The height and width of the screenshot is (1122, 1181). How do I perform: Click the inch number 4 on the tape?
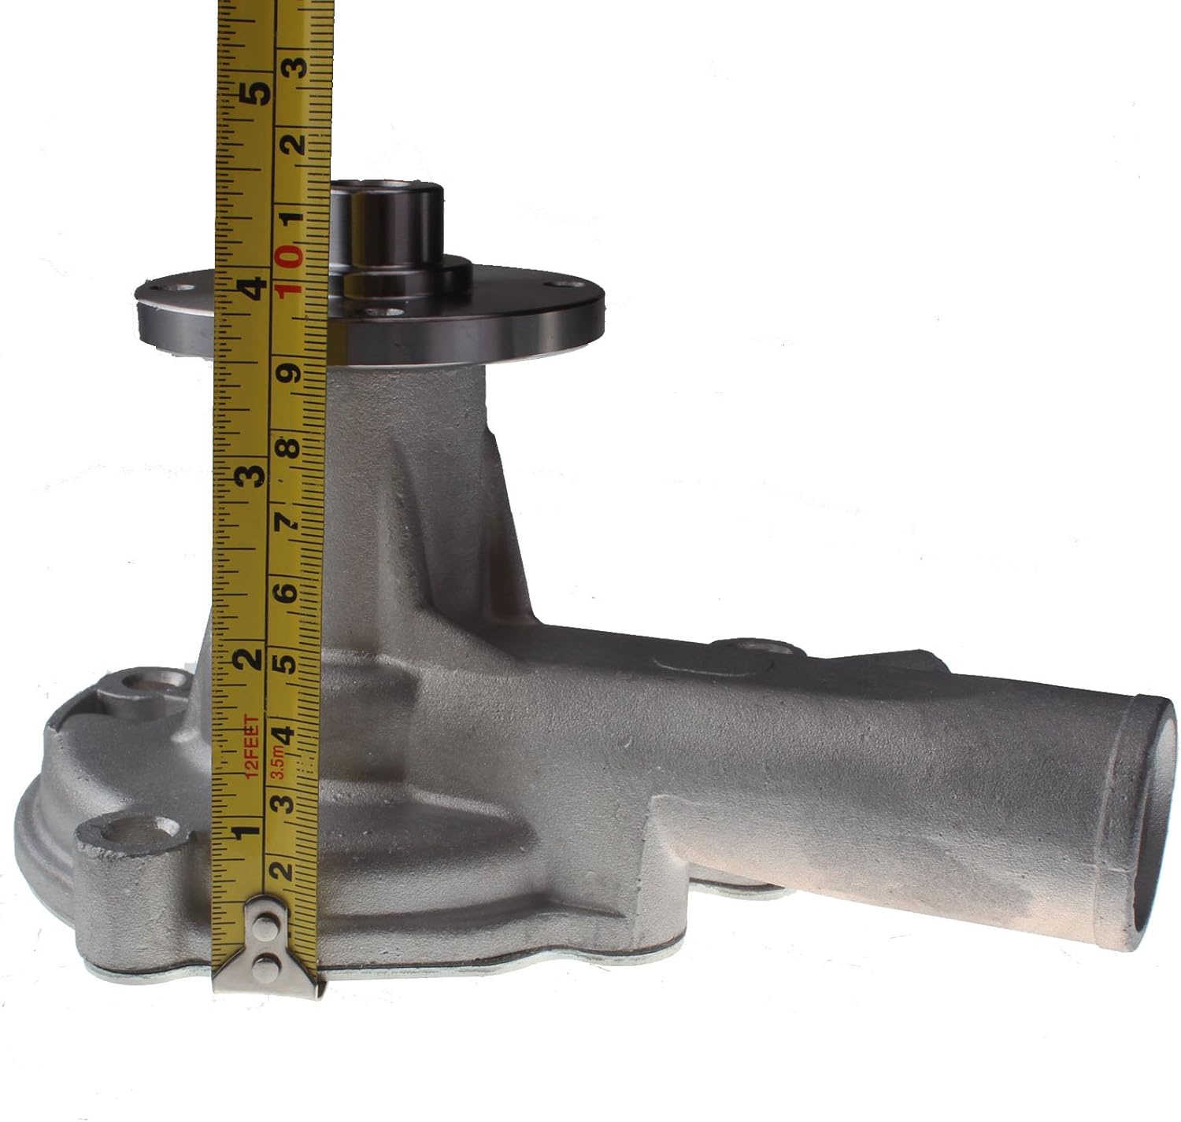click(x=255, y=288)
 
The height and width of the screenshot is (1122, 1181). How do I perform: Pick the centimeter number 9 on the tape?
click(x=289, y=373)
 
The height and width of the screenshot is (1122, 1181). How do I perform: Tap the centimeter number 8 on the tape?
click(x=290, y=447)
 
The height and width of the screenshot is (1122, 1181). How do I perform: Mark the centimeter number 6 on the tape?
click(x=287, y=593)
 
